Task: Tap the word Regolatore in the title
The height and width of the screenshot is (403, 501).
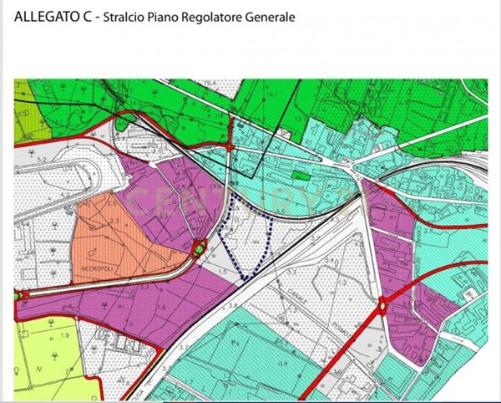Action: (x=213, y=17)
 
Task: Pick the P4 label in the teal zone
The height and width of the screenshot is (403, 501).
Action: (x=235, y=343)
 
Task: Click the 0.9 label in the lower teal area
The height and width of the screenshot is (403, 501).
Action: (x=283, y=361)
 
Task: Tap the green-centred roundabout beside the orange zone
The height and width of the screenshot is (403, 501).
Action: (x=199, y=247)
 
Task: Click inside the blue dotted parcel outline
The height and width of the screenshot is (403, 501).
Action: (x=246, y=238)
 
